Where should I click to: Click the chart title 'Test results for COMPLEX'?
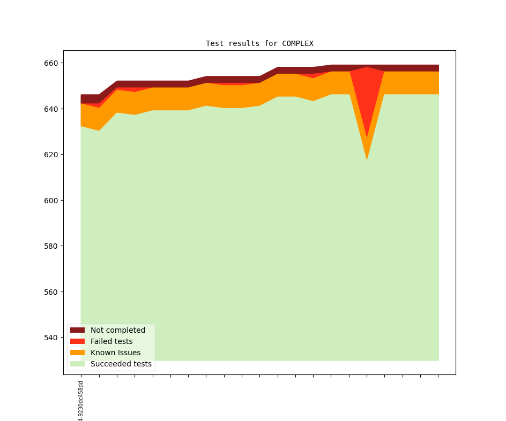(259, 43)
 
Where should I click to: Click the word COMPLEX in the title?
(297, 43)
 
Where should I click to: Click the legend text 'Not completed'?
(118, 330)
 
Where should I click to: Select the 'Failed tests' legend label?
(111, 341)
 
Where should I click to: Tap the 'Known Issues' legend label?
(115, 353)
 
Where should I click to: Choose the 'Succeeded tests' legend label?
(121, 364)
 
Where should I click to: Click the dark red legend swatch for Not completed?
(77, 330)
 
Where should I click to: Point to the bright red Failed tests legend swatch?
(77, 341)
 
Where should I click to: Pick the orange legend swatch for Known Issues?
(77, 353)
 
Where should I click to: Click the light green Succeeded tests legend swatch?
(77, 364)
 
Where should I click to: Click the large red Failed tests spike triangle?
(367, 91)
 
